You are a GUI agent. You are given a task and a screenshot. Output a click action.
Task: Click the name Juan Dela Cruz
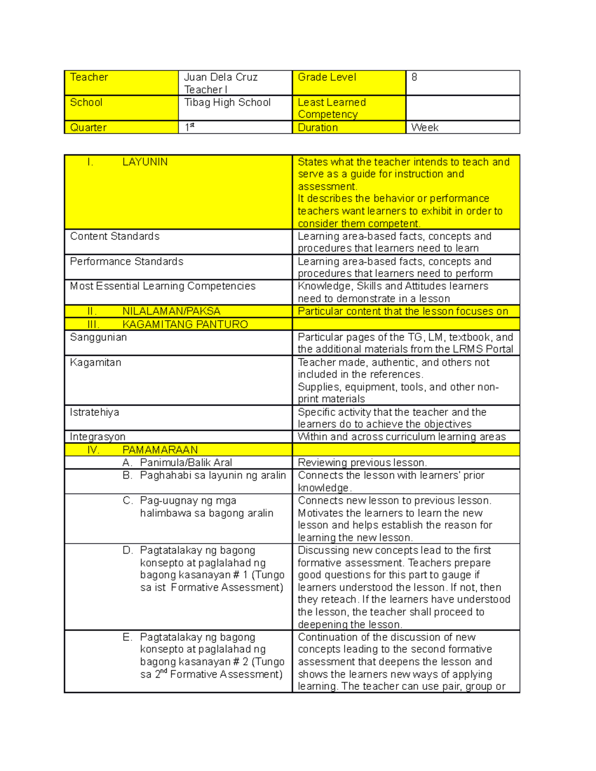221,77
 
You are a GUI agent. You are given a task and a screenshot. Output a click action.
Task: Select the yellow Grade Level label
327,77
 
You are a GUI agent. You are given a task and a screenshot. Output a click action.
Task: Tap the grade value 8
414,77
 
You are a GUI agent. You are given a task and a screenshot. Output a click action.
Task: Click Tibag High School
227,103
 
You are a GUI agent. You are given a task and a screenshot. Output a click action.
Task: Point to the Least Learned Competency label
331,108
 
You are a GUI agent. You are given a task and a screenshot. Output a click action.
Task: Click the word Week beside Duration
425,128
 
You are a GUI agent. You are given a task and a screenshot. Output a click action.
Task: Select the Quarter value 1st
189,128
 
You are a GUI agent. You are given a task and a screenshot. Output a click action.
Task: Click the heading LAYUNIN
145,162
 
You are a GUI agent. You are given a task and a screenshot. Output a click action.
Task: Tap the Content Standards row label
115,236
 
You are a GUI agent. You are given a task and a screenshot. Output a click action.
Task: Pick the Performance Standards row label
127,262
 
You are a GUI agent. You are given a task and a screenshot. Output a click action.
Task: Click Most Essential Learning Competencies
162,286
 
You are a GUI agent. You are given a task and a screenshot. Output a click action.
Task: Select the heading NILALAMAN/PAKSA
171,311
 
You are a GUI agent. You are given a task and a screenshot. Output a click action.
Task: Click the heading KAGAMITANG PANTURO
185,325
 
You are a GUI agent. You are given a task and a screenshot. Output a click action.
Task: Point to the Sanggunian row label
98,338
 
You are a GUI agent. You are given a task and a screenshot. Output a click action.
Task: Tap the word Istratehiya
94,413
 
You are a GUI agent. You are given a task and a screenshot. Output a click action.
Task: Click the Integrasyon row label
97,437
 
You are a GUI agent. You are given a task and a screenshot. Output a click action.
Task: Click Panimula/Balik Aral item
186,463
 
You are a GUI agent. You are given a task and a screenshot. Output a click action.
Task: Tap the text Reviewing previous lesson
362,463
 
